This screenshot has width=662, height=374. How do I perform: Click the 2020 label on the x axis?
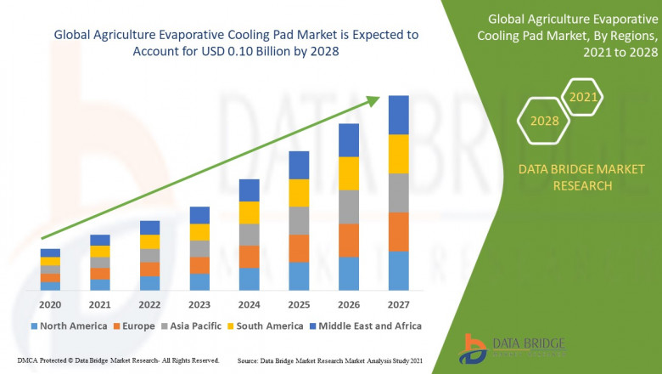50,304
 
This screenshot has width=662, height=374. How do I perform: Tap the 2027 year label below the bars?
398,304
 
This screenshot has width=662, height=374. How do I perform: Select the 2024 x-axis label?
249,304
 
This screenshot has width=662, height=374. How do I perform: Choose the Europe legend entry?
134,326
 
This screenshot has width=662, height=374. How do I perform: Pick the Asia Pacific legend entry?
191,326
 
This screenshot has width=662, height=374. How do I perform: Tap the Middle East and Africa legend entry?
366,326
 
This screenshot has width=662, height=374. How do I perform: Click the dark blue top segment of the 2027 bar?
398,115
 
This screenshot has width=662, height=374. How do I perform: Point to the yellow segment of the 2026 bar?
349,173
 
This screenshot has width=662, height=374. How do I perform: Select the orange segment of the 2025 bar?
299,248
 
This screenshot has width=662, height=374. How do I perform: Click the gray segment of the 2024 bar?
249,235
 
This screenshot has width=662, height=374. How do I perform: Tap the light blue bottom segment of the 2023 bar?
199,282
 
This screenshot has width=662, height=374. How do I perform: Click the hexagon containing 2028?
544,121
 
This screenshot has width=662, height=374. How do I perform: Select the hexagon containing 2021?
582,98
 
